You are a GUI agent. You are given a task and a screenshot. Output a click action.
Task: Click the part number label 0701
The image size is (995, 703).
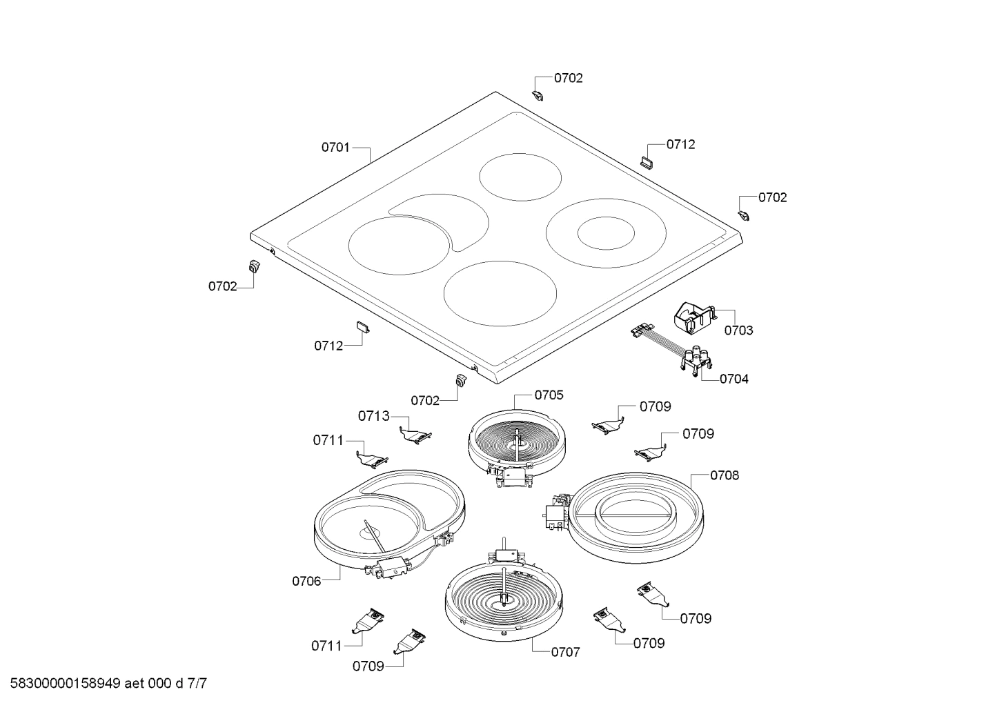click(x=335, y=147)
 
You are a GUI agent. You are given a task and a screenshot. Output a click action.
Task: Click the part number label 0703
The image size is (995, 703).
click(x=738, y=330)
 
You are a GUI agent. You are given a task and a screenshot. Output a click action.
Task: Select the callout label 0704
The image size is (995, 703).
click(x=733, y=379)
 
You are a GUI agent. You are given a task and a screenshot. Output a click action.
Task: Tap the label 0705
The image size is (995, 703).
click(x=549, y=395)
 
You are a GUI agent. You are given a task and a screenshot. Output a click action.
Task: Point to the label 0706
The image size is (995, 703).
click(x=306, y=581)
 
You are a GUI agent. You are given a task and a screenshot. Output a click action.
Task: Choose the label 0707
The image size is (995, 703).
click(x=565, y=651)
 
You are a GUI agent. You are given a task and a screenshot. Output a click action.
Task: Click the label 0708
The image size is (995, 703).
click(x=725, y=475)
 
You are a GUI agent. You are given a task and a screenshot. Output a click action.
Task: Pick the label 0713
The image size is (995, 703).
click(x=373, y=416)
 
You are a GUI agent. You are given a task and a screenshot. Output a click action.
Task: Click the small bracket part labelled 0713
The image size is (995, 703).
click(x=415, y=435)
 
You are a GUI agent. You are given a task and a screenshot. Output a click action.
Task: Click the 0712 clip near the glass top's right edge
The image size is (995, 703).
click(x=648, y=161)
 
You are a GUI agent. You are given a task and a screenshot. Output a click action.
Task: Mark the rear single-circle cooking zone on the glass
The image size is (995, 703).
click(x=521, y=177)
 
